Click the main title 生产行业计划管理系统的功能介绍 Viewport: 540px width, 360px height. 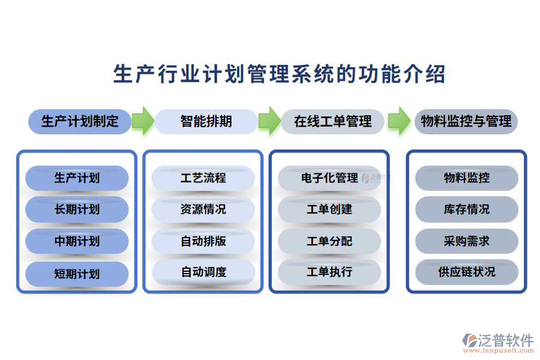point(279,74)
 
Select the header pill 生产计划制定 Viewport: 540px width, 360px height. point(79,121)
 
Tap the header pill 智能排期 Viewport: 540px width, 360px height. point(206,121)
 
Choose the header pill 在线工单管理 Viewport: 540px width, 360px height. point(332,121)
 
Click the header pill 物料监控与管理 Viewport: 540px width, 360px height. point(466,121)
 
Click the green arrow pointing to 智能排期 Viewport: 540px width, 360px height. point(143,121)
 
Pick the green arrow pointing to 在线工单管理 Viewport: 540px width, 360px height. point(269,121)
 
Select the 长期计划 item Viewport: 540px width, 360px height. point(77,209)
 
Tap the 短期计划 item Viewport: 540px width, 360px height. point(77,274)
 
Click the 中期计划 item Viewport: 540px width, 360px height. point(77,241)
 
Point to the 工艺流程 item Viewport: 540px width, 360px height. point(203,178)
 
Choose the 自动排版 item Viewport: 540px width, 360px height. point(203,241)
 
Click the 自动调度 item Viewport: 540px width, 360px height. point(203,272)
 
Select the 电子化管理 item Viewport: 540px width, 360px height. point(329,178)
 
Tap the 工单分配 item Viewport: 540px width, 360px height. point(329,241)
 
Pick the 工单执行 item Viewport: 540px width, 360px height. point(329,272)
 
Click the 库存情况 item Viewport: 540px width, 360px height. point(466,209)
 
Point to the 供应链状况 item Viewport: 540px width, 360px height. point(466,272)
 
